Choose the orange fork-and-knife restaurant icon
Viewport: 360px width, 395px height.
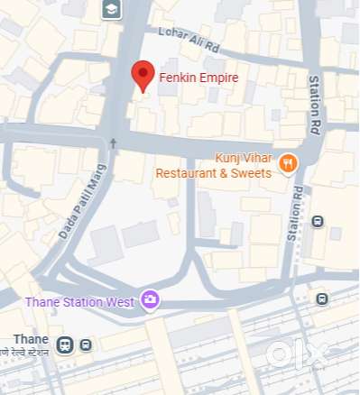288,163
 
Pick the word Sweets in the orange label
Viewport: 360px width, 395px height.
248,172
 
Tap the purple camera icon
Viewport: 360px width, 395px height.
149,300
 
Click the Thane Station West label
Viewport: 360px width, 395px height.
79,301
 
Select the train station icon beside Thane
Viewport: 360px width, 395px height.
65,344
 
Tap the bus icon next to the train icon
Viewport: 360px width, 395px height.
86,344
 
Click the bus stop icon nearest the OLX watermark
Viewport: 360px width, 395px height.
322,299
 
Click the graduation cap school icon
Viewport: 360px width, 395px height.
111,10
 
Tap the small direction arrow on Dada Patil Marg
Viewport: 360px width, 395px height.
113,142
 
